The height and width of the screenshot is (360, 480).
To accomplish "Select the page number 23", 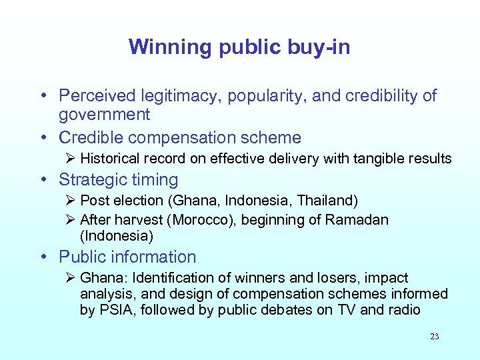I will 434,337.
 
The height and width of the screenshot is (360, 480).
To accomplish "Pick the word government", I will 104,115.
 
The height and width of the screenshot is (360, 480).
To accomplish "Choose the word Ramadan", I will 357,220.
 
